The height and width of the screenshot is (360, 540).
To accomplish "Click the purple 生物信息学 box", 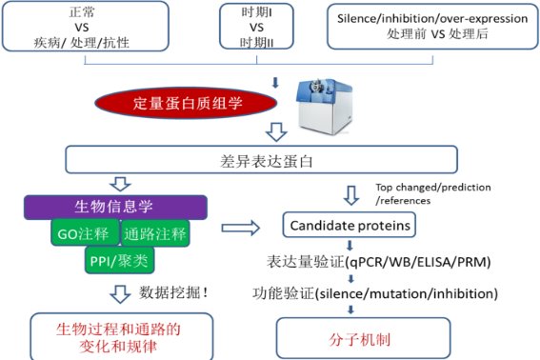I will click(117, 206).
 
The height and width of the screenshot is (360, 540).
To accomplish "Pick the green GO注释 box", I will click(83, 231).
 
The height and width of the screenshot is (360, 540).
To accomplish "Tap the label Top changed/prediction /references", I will click(417, 195).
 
